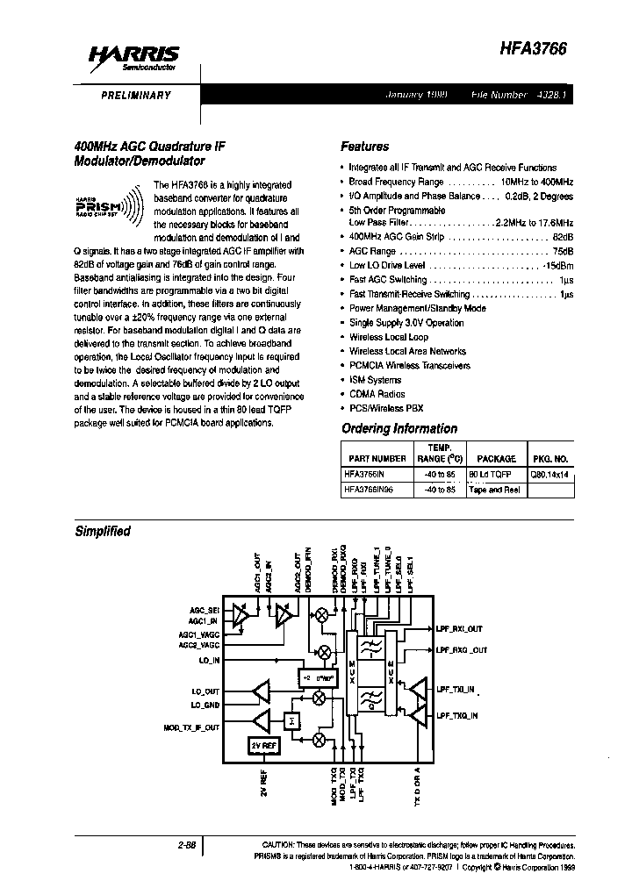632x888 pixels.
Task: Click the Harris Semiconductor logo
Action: pos(133,60)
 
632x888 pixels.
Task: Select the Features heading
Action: pos(364,147)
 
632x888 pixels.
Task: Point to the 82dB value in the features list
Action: pos(563,237)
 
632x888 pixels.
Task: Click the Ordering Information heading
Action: pos(399,428)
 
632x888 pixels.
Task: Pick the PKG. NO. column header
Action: pos(550,458)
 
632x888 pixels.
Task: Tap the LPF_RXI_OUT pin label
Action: pos(458,628)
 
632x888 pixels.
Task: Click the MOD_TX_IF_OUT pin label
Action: pos(192,728)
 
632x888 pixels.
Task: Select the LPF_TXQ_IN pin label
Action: pos(457,716)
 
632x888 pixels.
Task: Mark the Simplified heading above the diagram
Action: pos(103,531)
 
